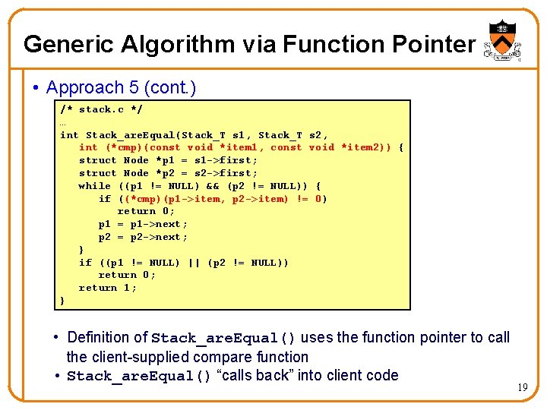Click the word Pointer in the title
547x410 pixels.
(434, 45)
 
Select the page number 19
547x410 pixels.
(523, 387)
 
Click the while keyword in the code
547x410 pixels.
(95, 186)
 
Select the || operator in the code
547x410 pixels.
(194, 263)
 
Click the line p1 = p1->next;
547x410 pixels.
(143, 225)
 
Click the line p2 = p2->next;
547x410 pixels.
(143, 237)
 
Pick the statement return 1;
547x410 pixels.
(108, 288)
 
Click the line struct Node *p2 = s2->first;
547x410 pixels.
(168, 173)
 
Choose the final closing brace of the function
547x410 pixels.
(63, 301)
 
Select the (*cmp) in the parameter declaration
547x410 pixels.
(123, 148)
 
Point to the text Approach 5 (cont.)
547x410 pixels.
(121, 88)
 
